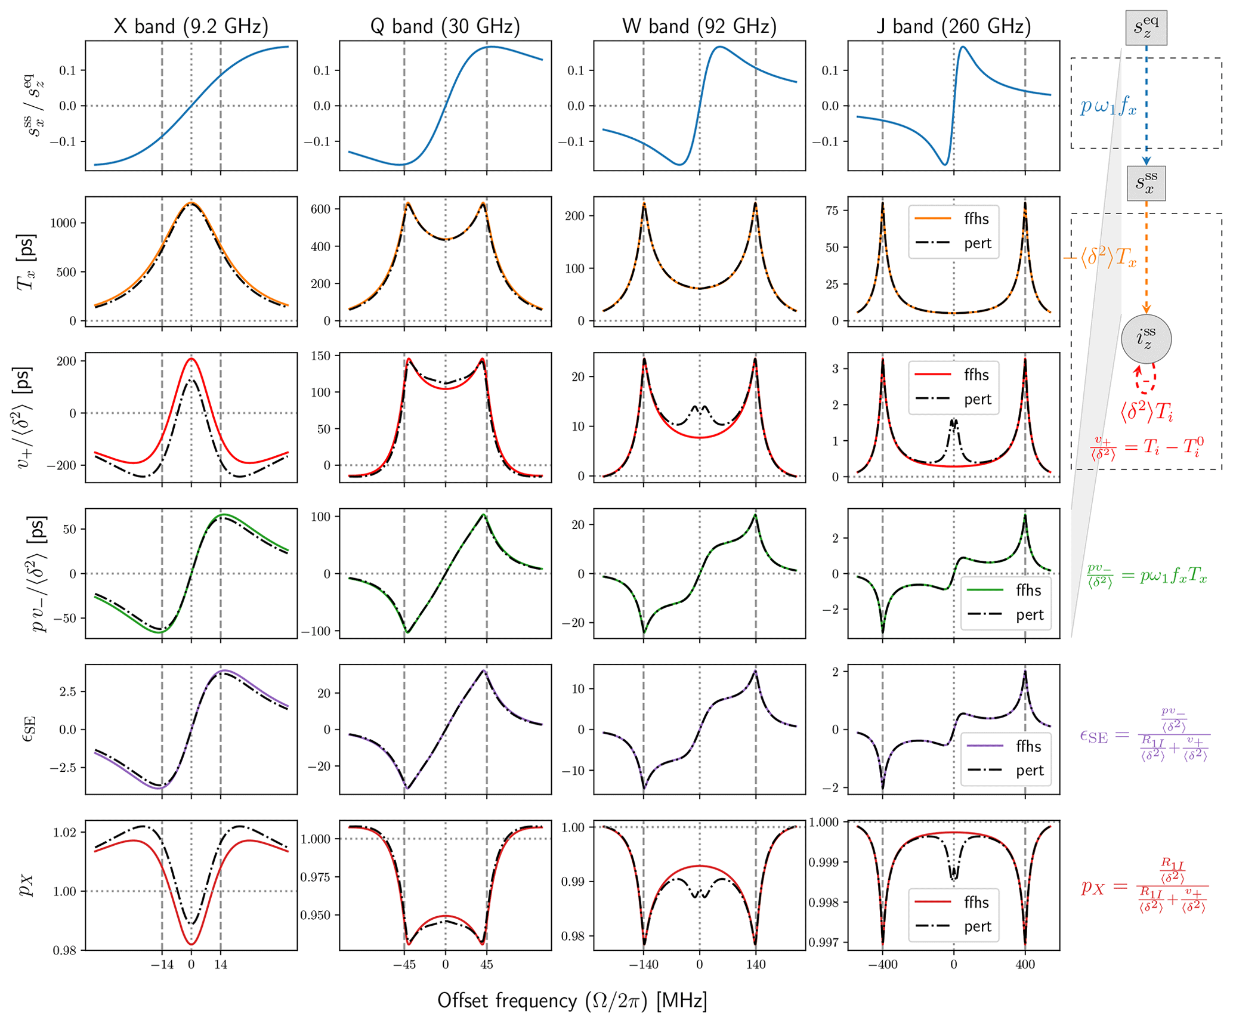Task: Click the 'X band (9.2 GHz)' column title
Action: click(191, 26)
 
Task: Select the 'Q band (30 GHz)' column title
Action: click(445, 26)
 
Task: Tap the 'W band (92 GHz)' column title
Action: click(699, 26)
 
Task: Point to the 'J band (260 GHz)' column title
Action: click(953, 26)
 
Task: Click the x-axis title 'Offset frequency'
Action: click(571, 1000)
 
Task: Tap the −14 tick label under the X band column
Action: click(161, 965)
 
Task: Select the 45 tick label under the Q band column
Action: click(486, 965)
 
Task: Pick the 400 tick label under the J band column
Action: click(1025, 965)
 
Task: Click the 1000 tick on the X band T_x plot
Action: click(63, 223)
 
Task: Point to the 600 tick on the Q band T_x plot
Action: click(320, 209)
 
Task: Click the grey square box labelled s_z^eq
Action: click(1146, 27)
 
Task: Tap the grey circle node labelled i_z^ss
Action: click(1146, 339)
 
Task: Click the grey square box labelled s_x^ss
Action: click(1146, 183)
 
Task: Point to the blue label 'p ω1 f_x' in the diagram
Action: click(1108, 107)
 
